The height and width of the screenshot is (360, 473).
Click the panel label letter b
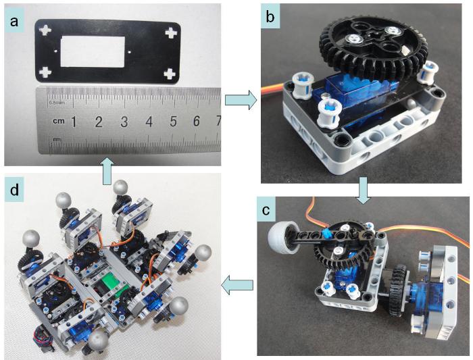[270, 18]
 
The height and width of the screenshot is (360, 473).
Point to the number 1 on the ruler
[74, 122]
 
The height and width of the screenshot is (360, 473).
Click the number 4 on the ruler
[148, 122]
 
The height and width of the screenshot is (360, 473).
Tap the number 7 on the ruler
[217, 122]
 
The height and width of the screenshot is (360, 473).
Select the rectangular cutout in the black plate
[94, 51]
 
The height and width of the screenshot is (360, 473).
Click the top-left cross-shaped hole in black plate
[45, 30]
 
